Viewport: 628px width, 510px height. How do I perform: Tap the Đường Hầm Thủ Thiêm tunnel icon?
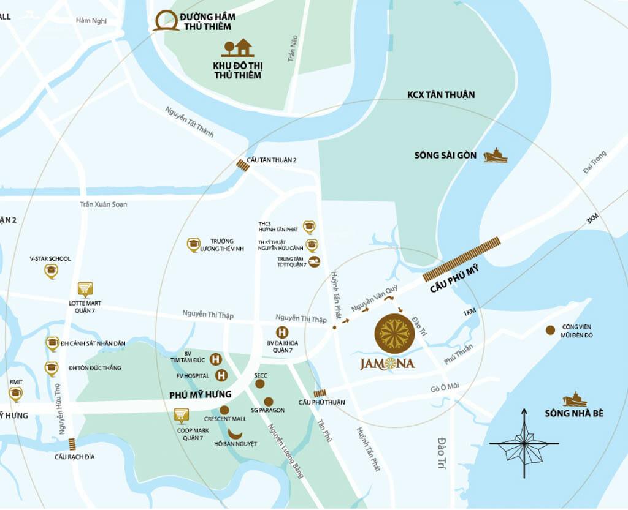[166, 20]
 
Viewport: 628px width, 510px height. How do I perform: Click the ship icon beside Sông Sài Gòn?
[495, 156]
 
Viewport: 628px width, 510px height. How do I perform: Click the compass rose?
[524, 443]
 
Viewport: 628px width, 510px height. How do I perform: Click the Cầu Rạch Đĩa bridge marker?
[72, 444]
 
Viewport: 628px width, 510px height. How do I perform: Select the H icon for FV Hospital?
[221, 375]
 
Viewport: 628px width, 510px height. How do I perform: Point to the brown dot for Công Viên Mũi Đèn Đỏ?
[550, 330]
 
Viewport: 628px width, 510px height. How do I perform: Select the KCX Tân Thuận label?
[441, 95]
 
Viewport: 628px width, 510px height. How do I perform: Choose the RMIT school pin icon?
[15, 394]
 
